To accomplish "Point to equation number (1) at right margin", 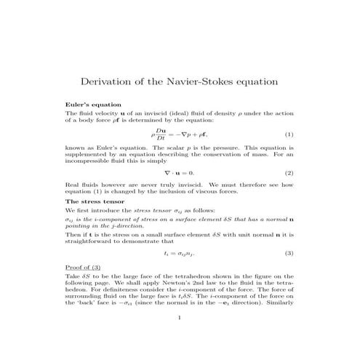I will click(x=289, y=135).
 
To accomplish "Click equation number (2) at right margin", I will click(x=289, y=173).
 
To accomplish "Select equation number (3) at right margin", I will click(x=289, y=253).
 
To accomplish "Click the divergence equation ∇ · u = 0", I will click(x=179, y=173).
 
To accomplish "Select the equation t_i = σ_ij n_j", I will click(x=179, y=253).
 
